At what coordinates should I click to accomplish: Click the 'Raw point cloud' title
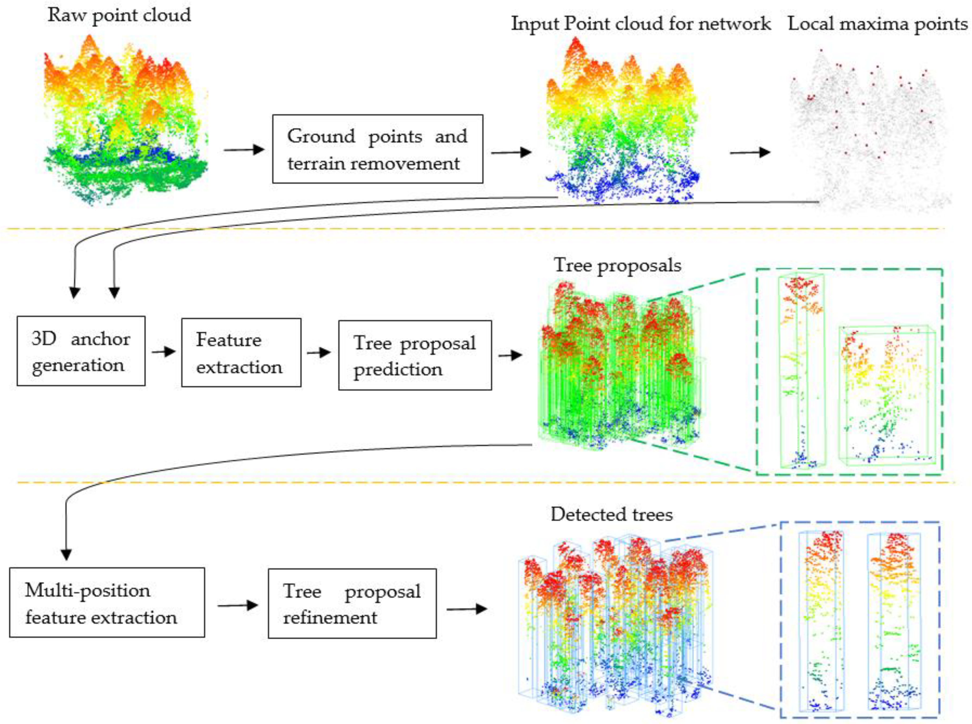point(119,15)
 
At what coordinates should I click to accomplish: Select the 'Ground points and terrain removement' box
point(377,149)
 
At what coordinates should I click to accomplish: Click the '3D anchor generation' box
point(81,351)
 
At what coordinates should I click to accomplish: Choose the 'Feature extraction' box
point(241,353)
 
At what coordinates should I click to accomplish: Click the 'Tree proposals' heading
point(617,265)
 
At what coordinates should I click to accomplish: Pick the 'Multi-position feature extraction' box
point(107,603)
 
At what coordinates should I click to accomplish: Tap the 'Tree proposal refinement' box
point(352,603)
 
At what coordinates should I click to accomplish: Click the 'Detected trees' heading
point(611,514)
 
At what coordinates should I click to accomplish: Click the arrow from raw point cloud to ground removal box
point(244,150)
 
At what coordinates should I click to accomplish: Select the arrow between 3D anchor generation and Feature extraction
point(163,352)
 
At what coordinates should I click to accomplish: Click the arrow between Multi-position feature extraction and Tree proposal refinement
point(237,606)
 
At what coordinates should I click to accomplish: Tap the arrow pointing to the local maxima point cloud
point(750,153)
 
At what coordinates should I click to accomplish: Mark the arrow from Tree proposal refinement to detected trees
point(467,609)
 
